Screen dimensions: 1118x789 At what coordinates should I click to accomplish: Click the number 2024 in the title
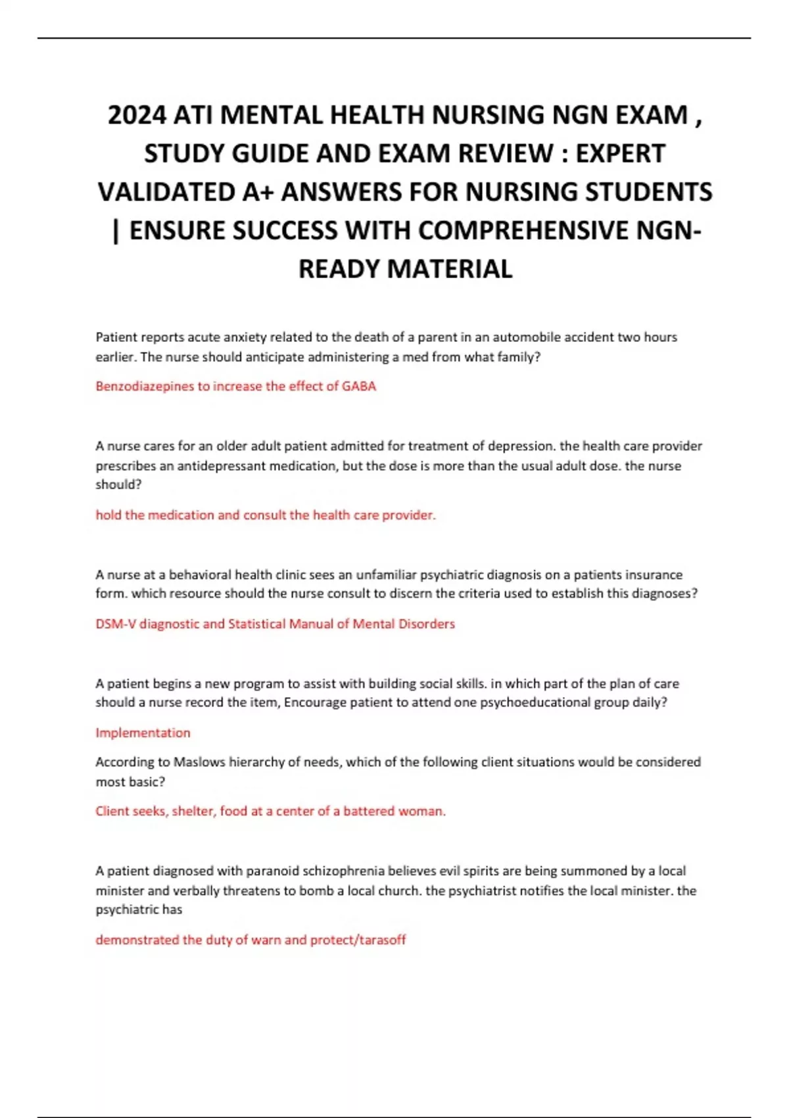click(137, 115)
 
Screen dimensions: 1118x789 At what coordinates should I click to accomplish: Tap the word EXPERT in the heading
click(621, 153)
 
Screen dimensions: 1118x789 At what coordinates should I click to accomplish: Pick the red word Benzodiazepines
click(145, 386)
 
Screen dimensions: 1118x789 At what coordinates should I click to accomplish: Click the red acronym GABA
click(359, 386)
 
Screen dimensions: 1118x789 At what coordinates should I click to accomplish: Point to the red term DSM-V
click(116, 623)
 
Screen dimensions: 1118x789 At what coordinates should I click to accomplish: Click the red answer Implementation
click(143, 733)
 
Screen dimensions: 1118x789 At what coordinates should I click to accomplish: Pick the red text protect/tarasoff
click(358, 940)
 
